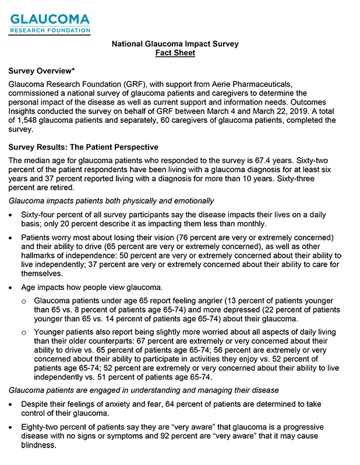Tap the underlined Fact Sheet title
tap(175, 53)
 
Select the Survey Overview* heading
tap(41, 70)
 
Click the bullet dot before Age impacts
tap(12, 287)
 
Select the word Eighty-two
tap(42, 427)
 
